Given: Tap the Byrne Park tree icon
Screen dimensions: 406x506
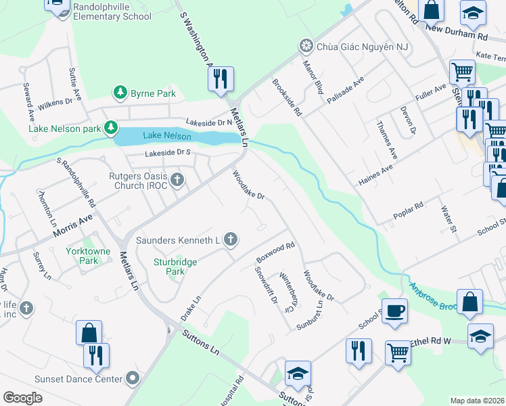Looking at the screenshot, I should click(120, 92).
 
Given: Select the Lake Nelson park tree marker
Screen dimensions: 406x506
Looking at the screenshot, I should click(110, 128).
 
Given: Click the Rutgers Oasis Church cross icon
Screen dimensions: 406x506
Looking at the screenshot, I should click(178, 179).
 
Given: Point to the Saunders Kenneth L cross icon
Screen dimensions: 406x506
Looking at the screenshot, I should click(230, 239).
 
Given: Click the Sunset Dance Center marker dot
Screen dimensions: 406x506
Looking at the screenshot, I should click(133, 378).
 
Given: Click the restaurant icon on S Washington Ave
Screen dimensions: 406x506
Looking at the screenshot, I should click(221, 79).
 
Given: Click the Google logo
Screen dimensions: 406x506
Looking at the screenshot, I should click(23, 397).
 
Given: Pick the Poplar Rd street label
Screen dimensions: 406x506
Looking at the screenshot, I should click(408, 210).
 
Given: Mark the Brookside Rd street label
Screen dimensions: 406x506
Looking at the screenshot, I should click(286, 98).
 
